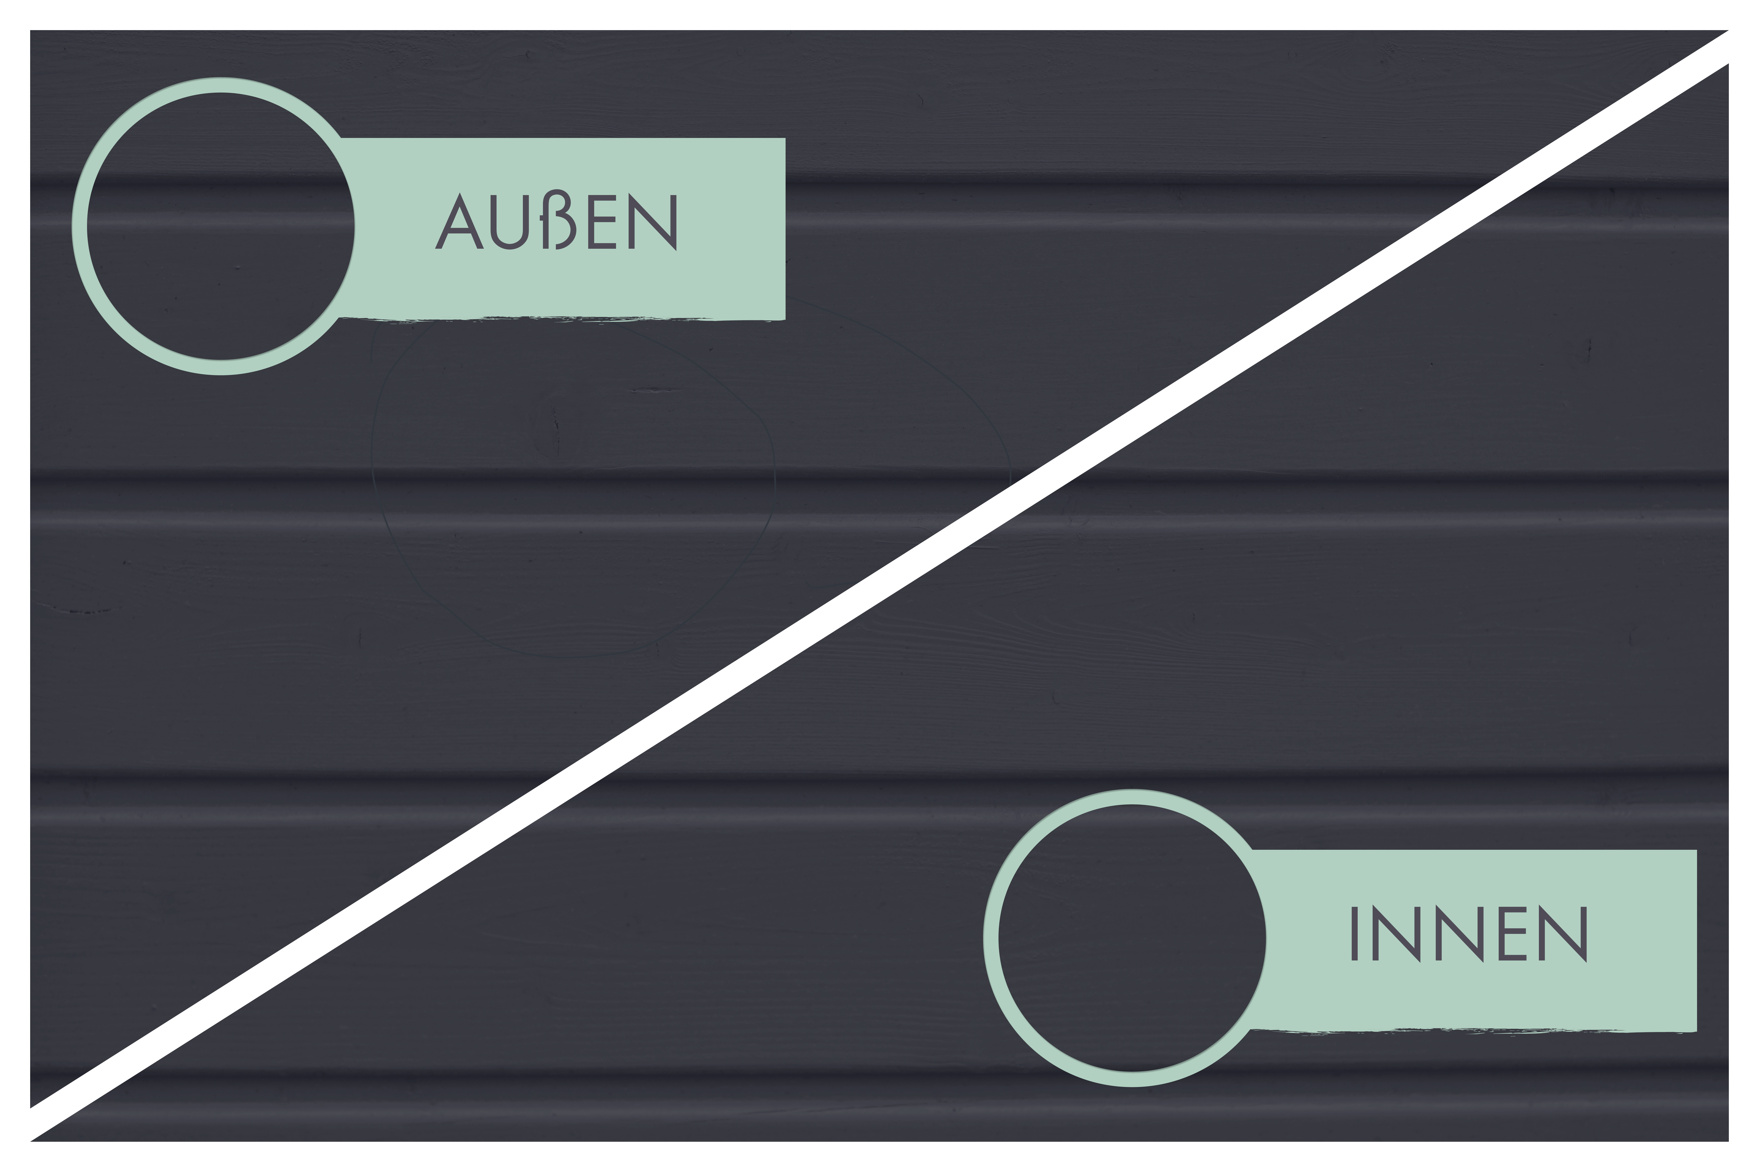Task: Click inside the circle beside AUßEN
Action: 221,226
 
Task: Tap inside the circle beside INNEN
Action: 1132,938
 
